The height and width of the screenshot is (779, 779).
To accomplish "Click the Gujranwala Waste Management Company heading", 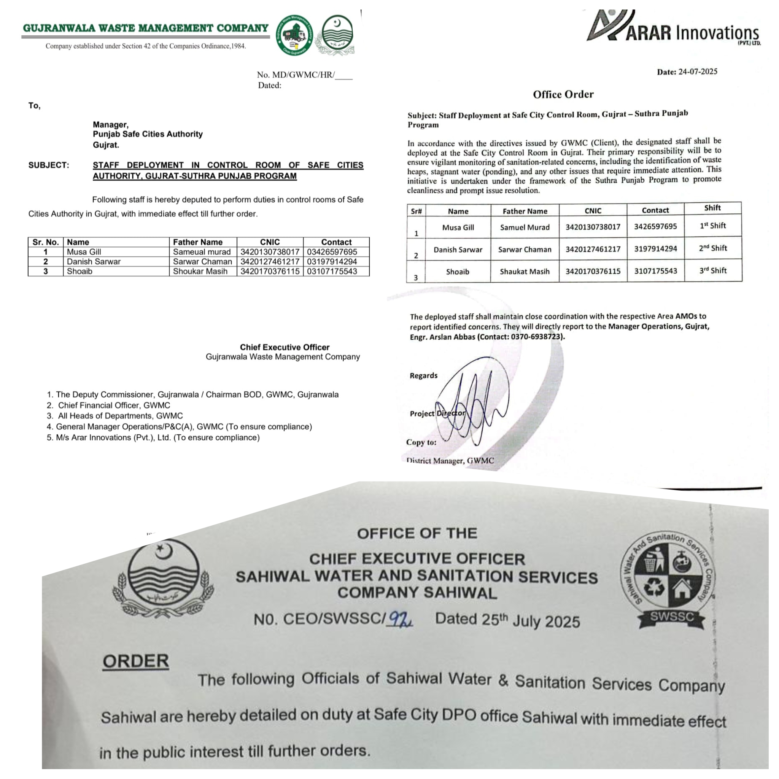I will click(x=146, y=28).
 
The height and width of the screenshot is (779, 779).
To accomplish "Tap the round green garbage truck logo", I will click(x=294, y=35).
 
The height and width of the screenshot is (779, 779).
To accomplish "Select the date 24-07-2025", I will click(x=698, y=72).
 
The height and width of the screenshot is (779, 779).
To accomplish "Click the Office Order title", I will click(x=563, y=94).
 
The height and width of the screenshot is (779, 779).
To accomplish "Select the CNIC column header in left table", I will click(x=270, y=242).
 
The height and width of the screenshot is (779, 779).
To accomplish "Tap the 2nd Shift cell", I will click(x=712, y=248).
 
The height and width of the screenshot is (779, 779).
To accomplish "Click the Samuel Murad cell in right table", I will click(x=525, y=227).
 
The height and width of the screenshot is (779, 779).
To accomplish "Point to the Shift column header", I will click(x=712, y=208).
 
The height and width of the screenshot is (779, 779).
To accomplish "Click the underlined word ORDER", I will click(x=136, y=661).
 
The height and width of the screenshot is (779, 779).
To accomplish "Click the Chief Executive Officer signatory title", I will click(x=285, y=347).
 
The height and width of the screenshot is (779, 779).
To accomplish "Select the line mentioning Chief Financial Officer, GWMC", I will click(x=114, y=405).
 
